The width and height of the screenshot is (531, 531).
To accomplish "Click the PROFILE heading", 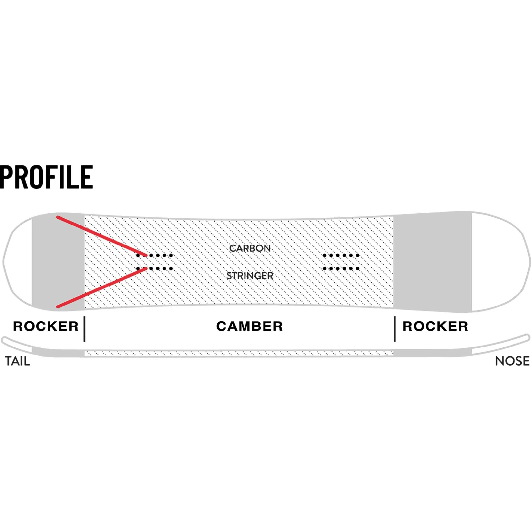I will (x=46, y=177).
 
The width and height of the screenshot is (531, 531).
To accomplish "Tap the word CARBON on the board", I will (x=250, y=248).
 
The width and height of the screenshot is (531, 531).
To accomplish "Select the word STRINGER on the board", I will (x=250, y=276).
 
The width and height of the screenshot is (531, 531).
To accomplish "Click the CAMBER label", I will (x=249, y=327).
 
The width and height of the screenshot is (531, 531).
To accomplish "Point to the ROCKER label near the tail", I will (x=46, y=327).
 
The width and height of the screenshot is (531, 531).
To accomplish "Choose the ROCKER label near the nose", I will (x=435, y=327).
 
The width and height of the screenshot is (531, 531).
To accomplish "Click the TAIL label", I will (x=18, y=361).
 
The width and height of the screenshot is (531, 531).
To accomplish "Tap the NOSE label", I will (x=512, y=361).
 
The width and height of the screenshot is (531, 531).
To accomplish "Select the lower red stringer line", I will (x=102, y=287).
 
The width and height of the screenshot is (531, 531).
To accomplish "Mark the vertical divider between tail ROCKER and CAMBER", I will (x=85, y=329).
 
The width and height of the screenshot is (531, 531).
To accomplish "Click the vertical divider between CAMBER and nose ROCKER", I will (x=395, y=329).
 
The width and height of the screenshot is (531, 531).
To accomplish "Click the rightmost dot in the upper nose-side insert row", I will (x=358, y=256).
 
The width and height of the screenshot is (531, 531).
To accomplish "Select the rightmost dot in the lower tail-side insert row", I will (x=171, y=268).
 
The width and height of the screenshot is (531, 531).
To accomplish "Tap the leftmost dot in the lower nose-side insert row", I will (x=325, y=268).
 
